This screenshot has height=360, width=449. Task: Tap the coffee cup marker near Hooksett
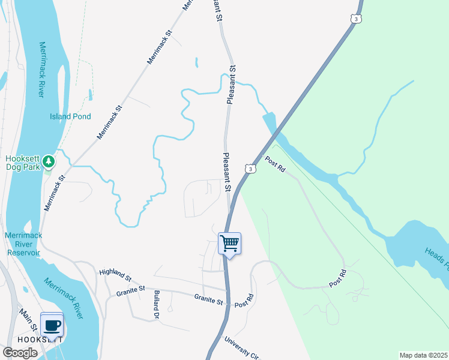[x=52, y=325]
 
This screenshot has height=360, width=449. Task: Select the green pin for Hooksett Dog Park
[x=49, y=161]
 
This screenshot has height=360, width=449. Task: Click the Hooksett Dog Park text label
[x=23, y=163]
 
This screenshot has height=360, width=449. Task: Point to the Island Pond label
[x=71, y=116]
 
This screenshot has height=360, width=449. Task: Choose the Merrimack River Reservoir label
[x=24, y=244]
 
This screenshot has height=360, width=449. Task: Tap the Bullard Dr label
[x=155, y=304]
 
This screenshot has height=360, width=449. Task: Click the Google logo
[x=20, y=353]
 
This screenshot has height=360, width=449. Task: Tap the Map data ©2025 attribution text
[x=423, y=355]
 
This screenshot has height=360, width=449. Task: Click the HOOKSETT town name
[x=40, y=339]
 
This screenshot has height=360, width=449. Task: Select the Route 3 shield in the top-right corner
[x=357, y=19]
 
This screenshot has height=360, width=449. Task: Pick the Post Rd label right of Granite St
[x=244, y=302]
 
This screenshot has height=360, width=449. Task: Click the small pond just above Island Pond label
[x=90, y=94]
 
